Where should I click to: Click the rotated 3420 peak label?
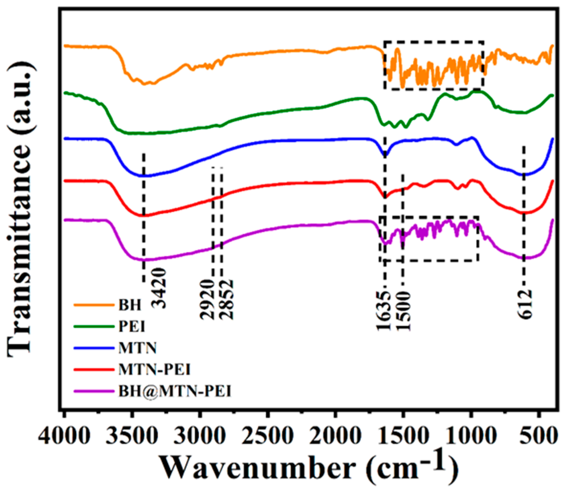click(x=159, y=288)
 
